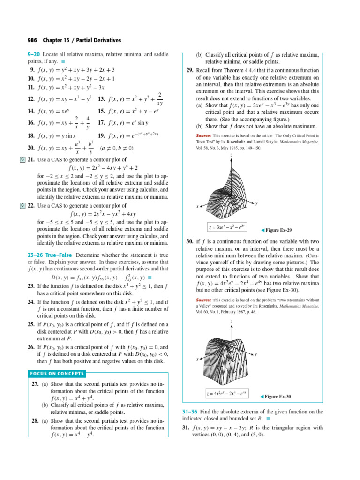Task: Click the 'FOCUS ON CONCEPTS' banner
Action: [57, 374]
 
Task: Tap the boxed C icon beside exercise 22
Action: [22, 205]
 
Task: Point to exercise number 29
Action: [189, 70]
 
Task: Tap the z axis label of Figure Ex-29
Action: [231, 155]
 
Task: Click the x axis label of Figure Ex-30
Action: [197, 360]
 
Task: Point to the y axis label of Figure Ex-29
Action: [256, 202]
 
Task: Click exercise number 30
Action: [189, 241]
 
